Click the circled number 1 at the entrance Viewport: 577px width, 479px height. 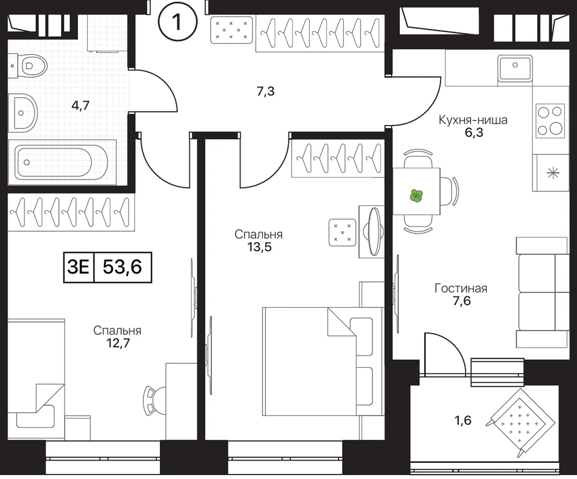[178, 22]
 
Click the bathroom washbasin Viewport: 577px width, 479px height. [23, 113]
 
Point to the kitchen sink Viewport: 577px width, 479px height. [515, 68]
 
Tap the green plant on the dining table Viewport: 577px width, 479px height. [416, 195]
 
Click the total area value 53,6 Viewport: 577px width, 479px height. [122, 267]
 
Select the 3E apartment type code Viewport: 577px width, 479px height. [78, 267]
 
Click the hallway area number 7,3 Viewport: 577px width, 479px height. [265, 91]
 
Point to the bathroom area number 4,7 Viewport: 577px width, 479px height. [81, 106]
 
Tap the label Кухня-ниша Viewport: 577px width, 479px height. [473, 120]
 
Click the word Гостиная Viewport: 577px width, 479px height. [460, 288]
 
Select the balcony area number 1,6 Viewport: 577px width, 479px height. [463, 420]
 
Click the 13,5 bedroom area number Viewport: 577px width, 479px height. [260, 247]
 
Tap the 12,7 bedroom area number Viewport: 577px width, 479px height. [117, 343]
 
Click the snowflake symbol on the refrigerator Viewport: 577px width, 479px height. [553, 173]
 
